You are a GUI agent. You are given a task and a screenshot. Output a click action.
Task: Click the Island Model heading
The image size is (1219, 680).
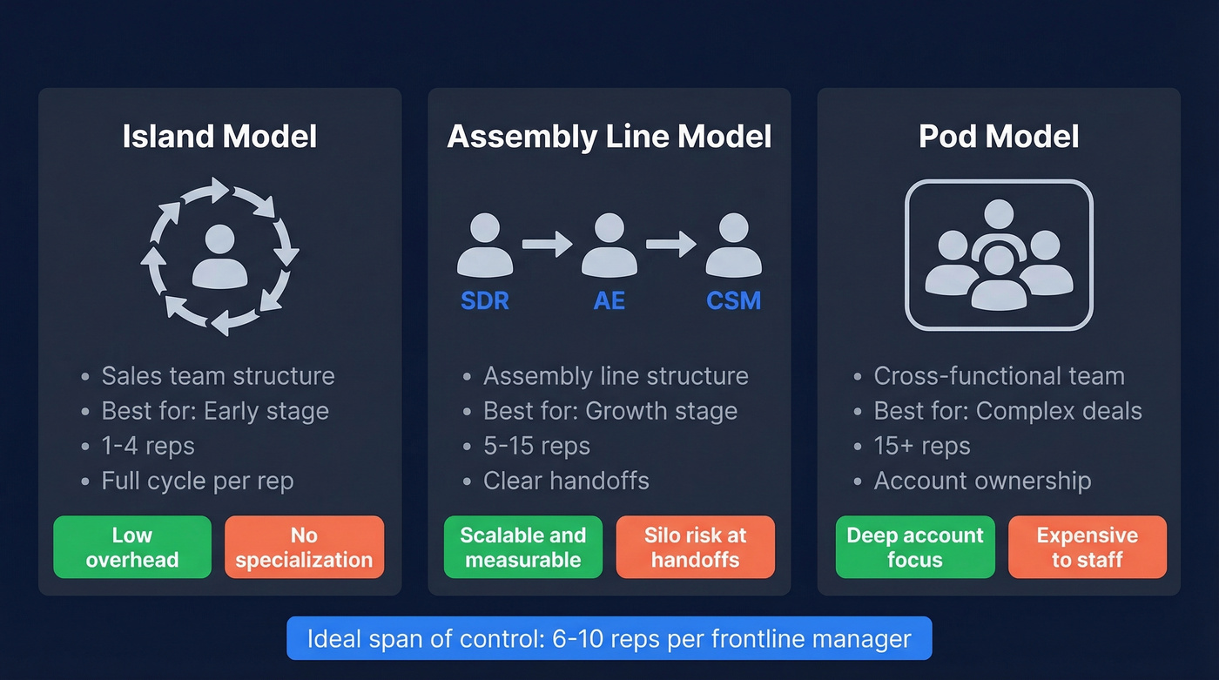coord(219,137)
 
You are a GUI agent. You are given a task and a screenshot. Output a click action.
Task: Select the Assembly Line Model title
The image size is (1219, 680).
coord(609,137)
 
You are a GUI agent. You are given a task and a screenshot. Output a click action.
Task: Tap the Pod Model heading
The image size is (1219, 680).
coord(999,137)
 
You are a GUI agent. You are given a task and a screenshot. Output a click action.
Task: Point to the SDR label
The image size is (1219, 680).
coord(485,300)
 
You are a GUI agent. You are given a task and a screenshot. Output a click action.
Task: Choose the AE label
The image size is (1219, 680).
coord(609,300)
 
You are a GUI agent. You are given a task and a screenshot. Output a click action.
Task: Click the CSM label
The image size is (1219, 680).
coord(733,300)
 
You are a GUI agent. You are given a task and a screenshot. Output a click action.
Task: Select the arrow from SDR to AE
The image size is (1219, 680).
coord(547,245)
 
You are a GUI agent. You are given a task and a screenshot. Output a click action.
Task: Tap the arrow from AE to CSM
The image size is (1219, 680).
coord(670,245)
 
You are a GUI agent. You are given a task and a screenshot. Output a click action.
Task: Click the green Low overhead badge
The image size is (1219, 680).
coord(132,548)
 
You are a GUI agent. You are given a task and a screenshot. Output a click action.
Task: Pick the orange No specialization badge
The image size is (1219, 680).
coord(304,548)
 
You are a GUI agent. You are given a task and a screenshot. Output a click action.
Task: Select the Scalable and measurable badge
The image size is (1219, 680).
coord(522,548)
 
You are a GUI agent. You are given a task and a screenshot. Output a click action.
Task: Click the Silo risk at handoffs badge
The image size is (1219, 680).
coord(695,548)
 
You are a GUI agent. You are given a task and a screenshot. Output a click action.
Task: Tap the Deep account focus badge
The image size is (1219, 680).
coord(914,548)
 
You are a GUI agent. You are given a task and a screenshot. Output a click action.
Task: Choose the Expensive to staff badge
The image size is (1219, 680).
coord(1087,548)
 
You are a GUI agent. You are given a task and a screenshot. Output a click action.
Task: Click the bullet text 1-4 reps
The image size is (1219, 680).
coord(148,446)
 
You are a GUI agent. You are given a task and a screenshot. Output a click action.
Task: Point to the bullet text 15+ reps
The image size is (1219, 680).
coord(922,446)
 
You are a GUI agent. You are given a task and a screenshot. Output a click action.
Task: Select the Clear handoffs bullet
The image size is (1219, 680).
coord(566,481)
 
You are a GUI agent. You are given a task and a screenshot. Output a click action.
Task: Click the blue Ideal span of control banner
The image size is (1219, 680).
coord(609,639)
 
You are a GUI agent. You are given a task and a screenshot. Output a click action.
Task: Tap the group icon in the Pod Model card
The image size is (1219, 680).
coord(999,255)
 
